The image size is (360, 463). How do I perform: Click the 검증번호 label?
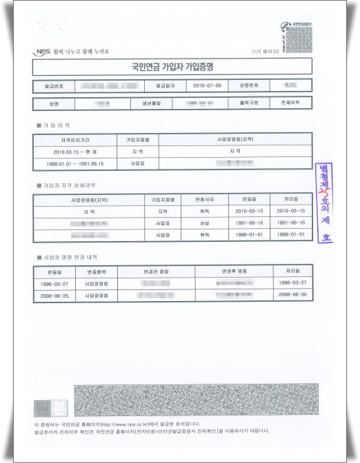point(247,85)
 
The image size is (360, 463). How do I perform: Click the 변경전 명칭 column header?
point(157,271)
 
